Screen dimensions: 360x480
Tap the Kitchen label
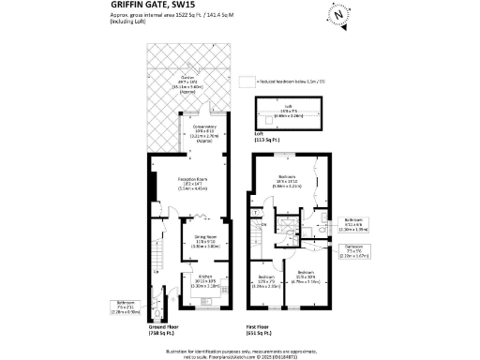point(205,278)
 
